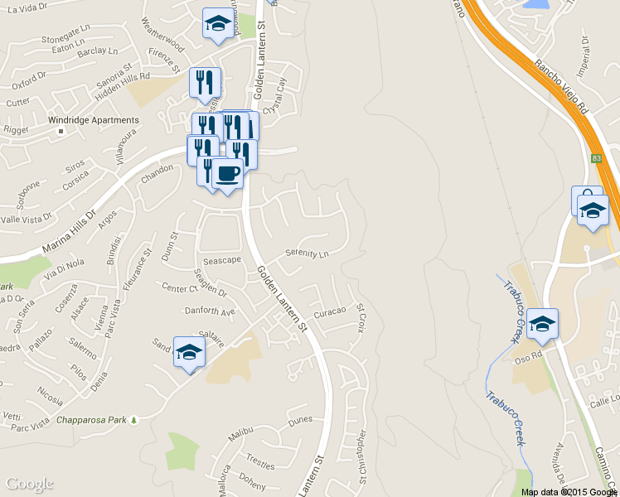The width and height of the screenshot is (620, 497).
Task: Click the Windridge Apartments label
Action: (x=93, y=121)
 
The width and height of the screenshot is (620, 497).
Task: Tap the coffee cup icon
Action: (x=227, y=174)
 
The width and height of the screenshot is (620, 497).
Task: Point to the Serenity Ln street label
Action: (x=307, y=253)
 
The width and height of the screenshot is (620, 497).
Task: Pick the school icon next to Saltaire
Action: (x=189, y=352)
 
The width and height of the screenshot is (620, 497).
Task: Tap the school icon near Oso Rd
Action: (x=542, y=325)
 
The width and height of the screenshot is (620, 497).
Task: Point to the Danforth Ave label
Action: (x=211, y=311)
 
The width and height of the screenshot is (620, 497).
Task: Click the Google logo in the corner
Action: (x=29, y=484)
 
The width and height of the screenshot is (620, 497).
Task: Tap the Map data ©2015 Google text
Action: (x=569, y=492)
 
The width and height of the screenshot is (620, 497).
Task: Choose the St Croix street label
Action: (x=361, y=317)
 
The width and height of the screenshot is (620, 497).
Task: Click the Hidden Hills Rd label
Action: (x=121, y=76)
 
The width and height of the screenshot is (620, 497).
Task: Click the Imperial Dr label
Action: (x=584, y=53)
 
